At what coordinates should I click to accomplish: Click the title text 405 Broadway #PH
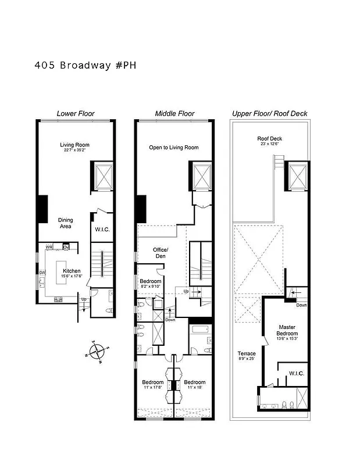pyautogui.click(x=85, y=65)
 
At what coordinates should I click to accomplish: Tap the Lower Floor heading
pyautogui.click(x=75, y=113)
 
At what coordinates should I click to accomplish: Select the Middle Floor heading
pyautogui.click(x=174, y=113)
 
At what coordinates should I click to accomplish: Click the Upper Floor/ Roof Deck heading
pyautogui.click(x=269, y=113)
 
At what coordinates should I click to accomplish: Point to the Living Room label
pyautogui.click(x=74, y=145)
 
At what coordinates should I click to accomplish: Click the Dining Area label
pyautogui.click(x=65, y=223)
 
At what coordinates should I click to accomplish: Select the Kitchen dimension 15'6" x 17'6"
pyautogui.click(x=72, y=277)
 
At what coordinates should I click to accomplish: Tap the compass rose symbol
pyautogui.click(x=95, y=352)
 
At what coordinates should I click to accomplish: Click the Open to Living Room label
pyautogui.click(x=173, y=148)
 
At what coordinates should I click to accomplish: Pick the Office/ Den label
pyautogui.click(x=160, y=253)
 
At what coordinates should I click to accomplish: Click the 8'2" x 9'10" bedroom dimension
pyautogui.click(x=150, y=285)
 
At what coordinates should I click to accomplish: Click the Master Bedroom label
pyautogui.click(x=287, y=330)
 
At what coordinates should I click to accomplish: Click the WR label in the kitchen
pyautogui.click(x=50, y=247)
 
